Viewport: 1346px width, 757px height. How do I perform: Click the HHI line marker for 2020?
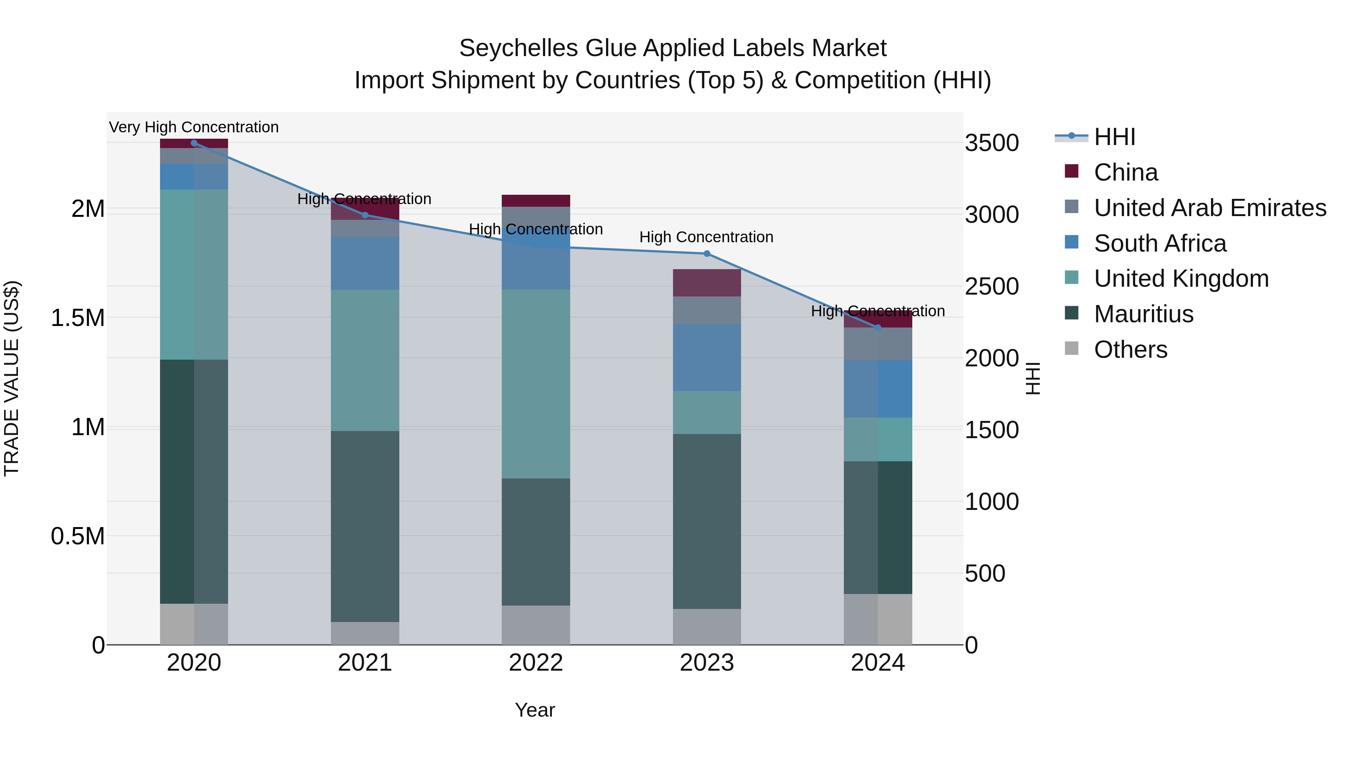[194, 143]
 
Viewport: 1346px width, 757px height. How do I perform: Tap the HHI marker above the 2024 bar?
[878, 327]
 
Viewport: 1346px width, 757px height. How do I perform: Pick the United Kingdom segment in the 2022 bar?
[535, 384]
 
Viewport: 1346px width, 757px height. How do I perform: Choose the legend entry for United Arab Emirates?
[1210, 208]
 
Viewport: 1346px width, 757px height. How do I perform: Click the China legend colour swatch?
[1071, 171]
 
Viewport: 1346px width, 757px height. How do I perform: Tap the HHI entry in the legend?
[1114, 137]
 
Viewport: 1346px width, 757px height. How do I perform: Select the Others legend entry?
[1130, 350]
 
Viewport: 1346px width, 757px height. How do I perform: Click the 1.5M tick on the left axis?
[77, 318]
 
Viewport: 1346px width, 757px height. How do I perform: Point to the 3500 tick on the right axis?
[991, 143]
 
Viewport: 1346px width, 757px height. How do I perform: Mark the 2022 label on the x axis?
[535, 663]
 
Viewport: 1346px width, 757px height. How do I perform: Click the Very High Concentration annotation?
[194, 127]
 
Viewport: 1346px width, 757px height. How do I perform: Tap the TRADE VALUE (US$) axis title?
[12, 378]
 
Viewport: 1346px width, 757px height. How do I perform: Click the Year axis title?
[535, 710]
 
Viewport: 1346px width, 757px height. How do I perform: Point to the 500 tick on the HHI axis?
[984, 573]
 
